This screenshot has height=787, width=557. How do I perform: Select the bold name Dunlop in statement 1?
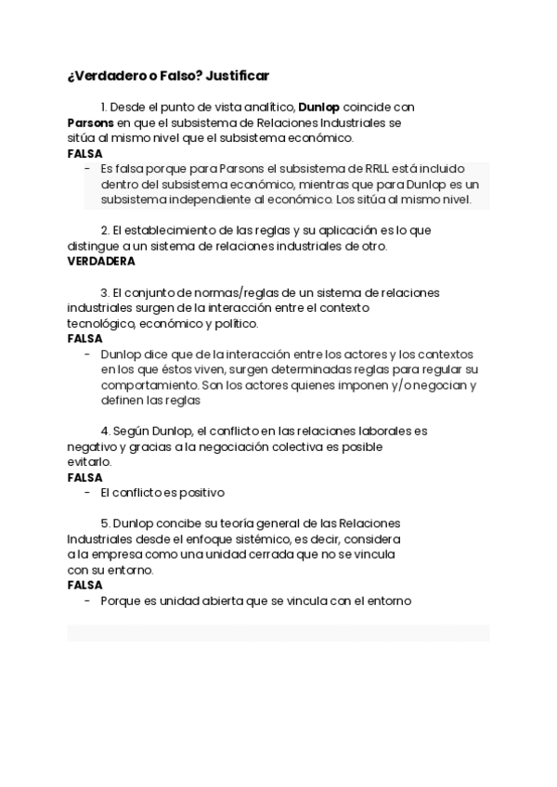318,106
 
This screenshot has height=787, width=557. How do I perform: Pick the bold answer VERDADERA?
101,262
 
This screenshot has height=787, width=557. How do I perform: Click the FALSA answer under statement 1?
85,153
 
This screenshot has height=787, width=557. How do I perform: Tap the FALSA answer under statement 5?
85,586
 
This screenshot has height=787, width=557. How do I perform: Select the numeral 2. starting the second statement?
106,229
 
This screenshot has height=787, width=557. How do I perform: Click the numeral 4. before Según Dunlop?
106,431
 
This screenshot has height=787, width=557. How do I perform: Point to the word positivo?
200,493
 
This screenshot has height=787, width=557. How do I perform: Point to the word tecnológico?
101,323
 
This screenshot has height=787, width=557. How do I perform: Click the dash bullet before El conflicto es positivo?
87,493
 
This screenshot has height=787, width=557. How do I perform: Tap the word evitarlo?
89,462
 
